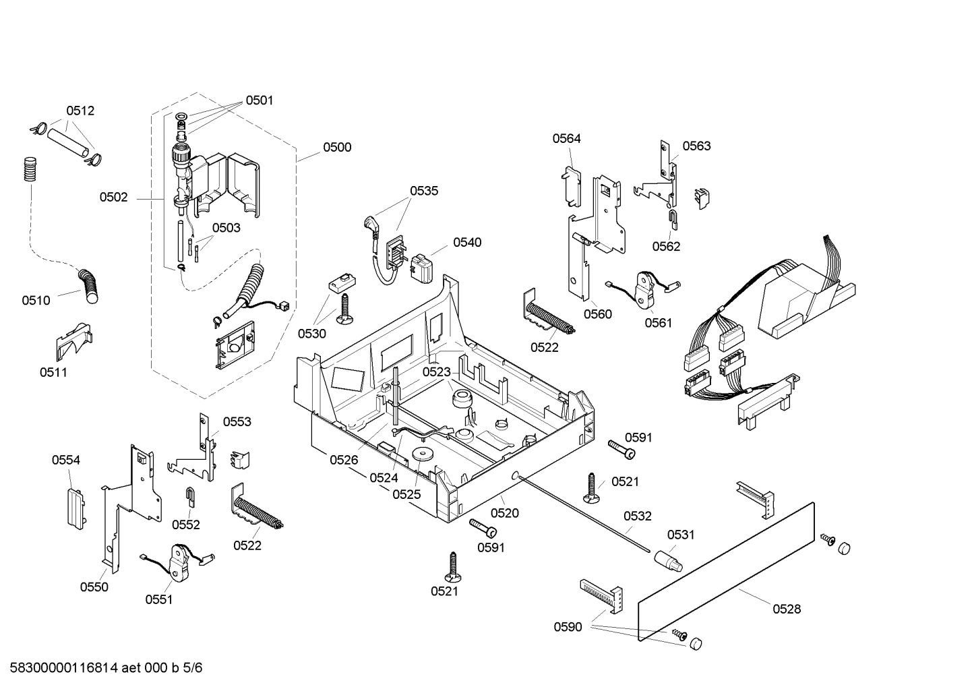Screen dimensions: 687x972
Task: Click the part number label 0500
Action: click(337, 147)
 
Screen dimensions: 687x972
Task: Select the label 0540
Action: click(467, 242)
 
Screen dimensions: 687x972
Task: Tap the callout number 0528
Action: click(787, 609)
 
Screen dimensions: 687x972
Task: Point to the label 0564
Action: click(566, 138)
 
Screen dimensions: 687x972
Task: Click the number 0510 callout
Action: click(36, 300)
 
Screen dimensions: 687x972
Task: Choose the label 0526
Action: click(344, 460)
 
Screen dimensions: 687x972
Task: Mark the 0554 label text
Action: click(66, 460)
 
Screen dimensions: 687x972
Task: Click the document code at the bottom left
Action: click(102, 668)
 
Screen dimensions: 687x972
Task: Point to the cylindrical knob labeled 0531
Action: click(667, 559)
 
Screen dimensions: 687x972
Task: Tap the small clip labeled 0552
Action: click(191, 496)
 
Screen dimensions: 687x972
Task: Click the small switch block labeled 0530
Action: click(342, 282)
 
